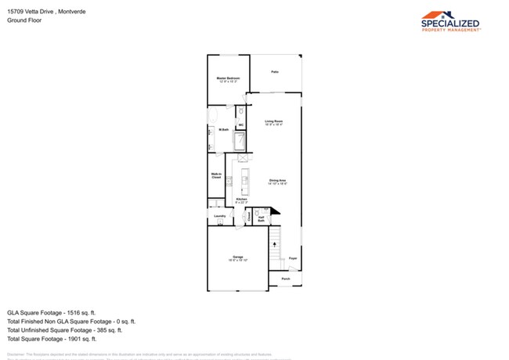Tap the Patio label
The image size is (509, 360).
click(x=275, y=72)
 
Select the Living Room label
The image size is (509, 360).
click(x=273, y=122)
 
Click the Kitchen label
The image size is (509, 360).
click(x=241, y=200)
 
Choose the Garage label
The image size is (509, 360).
click(x=237, y=257)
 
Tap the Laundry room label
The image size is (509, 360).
click(x=220, y=216)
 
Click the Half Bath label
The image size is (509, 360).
click(x=262, y=219)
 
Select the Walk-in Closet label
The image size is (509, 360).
click(x=216, y=176)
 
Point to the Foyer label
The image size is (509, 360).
click(x=292, y=257)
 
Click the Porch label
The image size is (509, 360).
click(x=285, y=278)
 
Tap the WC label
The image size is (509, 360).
click(x=241, y=124)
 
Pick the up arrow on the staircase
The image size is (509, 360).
click(x=275, y=244)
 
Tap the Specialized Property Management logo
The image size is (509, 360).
click(x=450, y=21)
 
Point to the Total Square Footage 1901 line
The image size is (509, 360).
click(x=52, y=339)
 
